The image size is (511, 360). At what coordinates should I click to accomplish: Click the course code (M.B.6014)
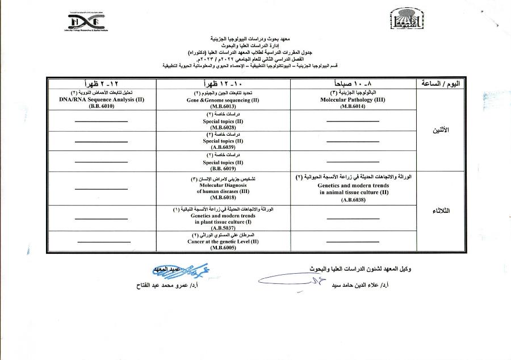(353, 106)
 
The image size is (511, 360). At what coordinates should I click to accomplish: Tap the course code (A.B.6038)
(353, 199)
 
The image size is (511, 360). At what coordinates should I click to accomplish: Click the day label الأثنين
(441, 130)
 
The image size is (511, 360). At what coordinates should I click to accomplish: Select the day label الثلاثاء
(441, 211)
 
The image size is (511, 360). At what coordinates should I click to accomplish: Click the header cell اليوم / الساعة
(441, 83)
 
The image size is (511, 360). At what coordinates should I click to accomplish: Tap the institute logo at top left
(86, 22)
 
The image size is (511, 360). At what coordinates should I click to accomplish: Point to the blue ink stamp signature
(170, 267)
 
